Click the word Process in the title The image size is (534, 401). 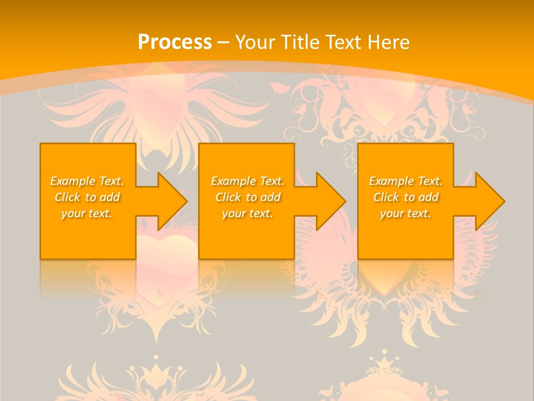click(x=175, y=42)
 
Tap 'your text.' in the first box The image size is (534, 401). click(x=87, y=213)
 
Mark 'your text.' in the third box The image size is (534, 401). click(x=406, y=213)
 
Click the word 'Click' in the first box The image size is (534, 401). click(x=67, y=197)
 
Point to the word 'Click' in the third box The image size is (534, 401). click(x=386, y=197)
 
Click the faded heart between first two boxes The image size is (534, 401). click(x=167, y=251)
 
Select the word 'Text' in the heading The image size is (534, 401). click(x=345, y=42)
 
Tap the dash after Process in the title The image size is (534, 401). click(x=223, y=42)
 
